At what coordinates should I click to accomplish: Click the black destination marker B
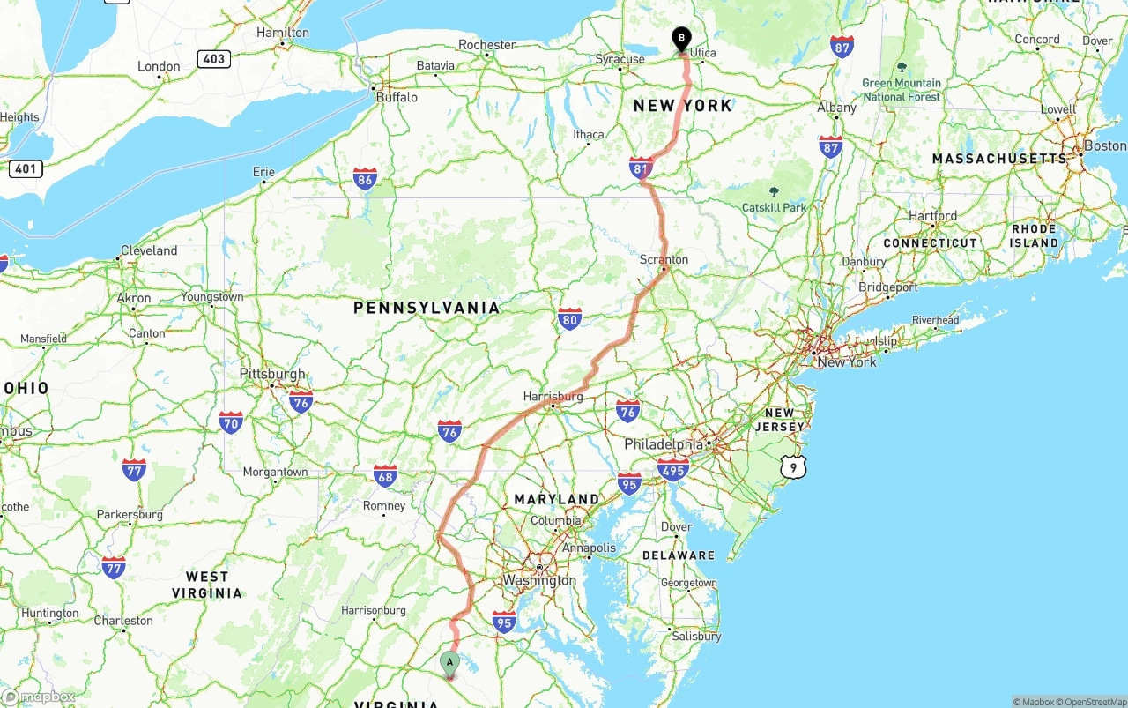pos(681,39)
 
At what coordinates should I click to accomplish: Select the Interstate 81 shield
pos(641,168)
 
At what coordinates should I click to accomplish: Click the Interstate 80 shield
pos(569,318)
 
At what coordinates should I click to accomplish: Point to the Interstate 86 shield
pos(365,180)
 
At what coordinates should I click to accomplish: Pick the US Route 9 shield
pos(793,467)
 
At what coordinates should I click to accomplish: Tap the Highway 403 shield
pos(214,59)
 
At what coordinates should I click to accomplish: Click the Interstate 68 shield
pos(385,476)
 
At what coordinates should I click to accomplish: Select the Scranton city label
pos(664,260)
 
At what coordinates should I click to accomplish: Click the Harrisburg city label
pos(553,397)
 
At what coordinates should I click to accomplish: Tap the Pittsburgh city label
pos(272,374)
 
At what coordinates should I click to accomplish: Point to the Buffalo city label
pos(397,97)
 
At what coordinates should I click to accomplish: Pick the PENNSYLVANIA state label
pos(427,308)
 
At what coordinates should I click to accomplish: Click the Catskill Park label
pos(774,208)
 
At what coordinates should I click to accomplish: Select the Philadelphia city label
pos(664,444)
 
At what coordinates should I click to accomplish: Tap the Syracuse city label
pos(620,60)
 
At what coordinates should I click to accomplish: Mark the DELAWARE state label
pos(679,555)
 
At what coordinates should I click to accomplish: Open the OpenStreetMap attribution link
pos(1093,702)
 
